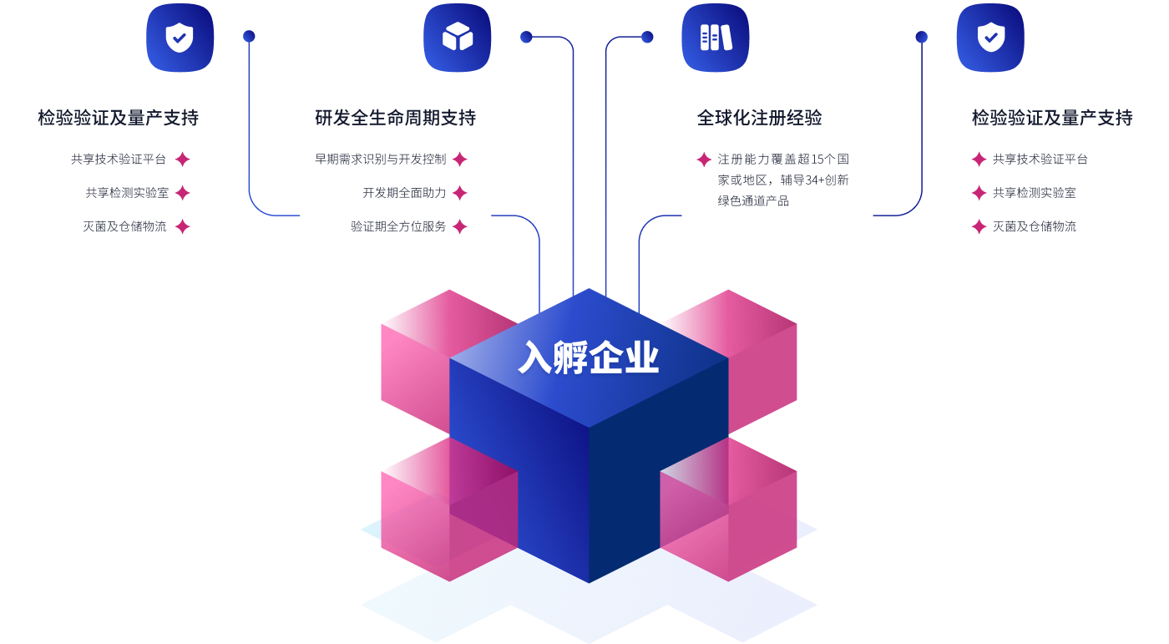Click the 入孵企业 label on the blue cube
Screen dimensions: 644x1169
[589, 358]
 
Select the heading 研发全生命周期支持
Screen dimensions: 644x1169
[395, 118]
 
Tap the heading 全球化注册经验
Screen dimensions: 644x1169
[759, 118]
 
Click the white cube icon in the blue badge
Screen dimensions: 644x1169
[457, 38]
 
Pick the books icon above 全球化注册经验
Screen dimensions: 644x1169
[716, 38]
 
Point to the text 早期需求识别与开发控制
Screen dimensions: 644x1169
[380, 159]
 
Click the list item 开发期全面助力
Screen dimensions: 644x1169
[404, 193]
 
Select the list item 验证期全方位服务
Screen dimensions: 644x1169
[398, 226]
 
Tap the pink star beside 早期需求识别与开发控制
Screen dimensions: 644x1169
[459, 160]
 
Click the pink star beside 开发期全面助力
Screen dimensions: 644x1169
[459, 193]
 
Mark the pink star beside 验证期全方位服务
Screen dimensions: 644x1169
[459, 226]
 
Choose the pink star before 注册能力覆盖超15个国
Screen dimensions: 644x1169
[704, 160]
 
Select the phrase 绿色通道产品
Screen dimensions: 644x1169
[753, 200]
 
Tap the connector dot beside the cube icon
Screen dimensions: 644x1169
[526, 37]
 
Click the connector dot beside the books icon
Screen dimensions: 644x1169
[647, 37]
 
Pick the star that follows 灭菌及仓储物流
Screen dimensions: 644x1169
[182, 226]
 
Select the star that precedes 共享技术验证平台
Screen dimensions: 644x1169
[979, 160]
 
